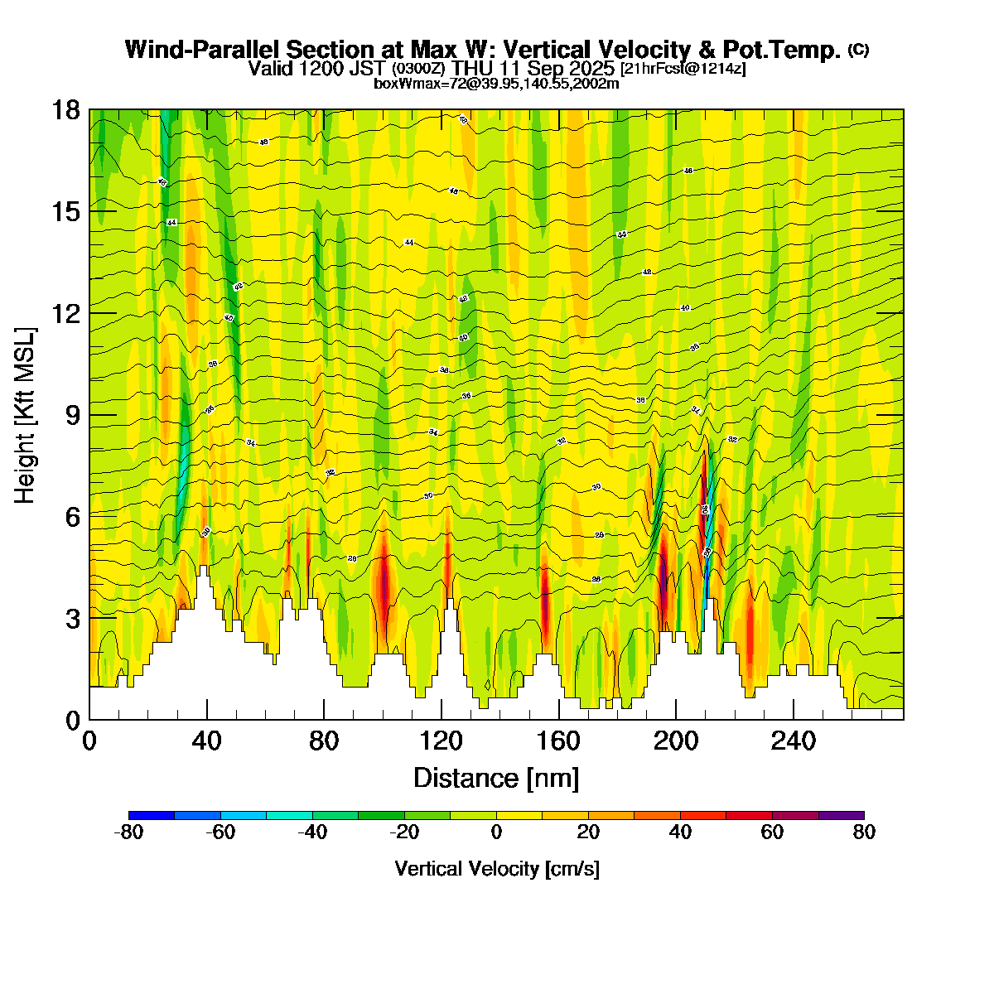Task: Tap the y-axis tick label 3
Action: tap(72, 619)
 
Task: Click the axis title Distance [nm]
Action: tap(496, 778)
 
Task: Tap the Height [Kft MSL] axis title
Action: tap(26, 415)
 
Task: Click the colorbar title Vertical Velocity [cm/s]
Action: tap(497, 869)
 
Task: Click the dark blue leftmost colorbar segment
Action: tap(152, 815)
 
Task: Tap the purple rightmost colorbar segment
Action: tap(842, 815)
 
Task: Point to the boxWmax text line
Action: tap(497, 83)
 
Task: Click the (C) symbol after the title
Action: tap(858, 50)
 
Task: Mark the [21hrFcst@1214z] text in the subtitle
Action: tap(683, 69)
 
